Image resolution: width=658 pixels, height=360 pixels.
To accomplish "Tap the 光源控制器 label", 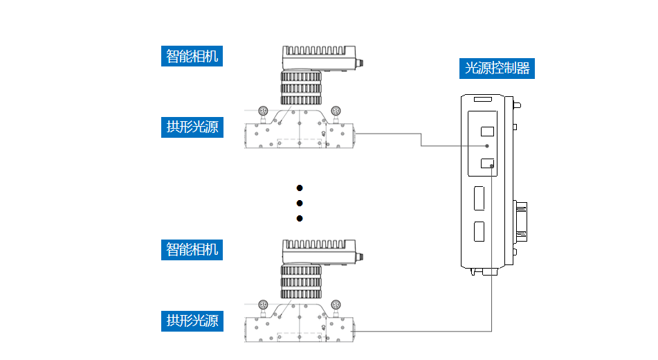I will click(497, 68).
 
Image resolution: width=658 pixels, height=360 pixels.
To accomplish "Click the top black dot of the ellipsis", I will click(300, 188).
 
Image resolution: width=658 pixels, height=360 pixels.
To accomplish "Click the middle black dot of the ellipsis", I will click(300, 203).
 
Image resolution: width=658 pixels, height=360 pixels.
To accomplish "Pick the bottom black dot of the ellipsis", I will click(300, 218).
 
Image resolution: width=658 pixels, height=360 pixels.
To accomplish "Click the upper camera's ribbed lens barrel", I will click(301, 87).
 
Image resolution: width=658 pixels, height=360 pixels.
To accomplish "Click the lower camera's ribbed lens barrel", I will click(301, 280).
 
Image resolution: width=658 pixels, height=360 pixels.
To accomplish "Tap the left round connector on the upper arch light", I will click(263, 111).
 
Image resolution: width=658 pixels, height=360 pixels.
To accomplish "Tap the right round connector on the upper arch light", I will click(336, 111).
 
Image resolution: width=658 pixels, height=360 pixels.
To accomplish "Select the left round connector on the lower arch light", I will click(263, 304).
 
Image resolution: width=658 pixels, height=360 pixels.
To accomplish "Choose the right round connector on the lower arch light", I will click(336, 304).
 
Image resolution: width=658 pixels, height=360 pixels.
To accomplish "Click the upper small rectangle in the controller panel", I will click(487, 131).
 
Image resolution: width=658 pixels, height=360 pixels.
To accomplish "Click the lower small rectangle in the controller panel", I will click(487, 164).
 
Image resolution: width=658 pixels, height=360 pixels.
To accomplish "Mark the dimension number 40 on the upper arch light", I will click(324, 134).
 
